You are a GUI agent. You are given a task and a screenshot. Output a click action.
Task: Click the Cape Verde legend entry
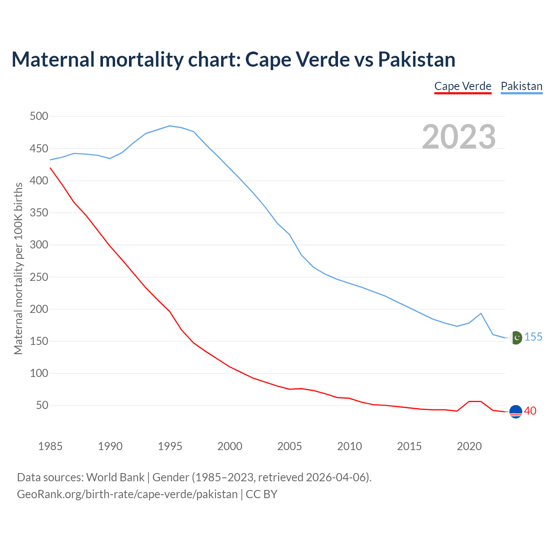coord(463,86)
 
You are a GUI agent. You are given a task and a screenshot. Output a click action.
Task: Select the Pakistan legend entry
coord(522,86)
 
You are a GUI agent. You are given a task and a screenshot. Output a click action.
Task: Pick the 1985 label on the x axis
coord(50,446)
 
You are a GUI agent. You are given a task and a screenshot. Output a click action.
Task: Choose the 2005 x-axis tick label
coord(290,446)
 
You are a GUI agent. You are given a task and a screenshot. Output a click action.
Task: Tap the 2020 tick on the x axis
coord(469,446)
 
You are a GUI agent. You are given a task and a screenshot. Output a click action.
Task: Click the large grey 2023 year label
coord(459,136)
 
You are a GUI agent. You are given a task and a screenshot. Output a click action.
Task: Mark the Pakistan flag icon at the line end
coord(515,338)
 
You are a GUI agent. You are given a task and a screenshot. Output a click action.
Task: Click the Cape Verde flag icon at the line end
coord(515,412)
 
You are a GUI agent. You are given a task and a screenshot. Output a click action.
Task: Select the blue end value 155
coord(533,337)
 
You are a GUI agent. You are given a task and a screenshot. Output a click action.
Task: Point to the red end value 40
coord(530,411)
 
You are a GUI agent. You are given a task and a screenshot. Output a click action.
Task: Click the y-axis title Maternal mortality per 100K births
coord(18,268)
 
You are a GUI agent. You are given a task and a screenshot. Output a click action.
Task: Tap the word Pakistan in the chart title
coord(417,59)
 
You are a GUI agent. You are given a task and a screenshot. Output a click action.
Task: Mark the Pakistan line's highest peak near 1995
coord(170,126)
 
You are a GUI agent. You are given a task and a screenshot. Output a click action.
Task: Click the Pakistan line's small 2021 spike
coord(481,313)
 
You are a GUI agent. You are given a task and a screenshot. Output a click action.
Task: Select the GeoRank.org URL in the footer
coord(127,494)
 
